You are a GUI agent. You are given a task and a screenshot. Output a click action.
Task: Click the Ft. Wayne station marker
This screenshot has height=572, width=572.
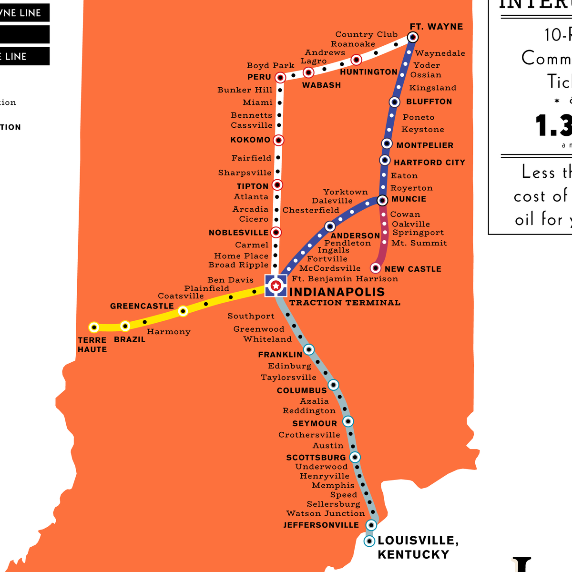pyautogui.click(x=413, y=37)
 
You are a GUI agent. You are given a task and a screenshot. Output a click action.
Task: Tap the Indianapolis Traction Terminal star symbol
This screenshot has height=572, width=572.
pyautogui.click(x=276, y=286)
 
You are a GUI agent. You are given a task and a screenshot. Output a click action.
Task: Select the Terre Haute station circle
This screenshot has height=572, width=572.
pyautogui.click(x=94, y=327)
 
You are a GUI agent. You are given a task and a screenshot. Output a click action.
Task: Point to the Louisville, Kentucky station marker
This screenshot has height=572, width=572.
pyautogui.click(x=369, y=541)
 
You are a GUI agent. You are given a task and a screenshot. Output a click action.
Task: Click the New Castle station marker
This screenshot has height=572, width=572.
pyautogui.click(x=376, y=268)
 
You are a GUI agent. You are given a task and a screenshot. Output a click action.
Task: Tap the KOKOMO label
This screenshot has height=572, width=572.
pyautogui.click(x=250, y=140)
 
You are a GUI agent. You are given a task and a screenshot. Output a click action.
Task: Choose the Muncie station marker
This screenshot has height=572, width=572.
pyautogui.click(x=382, y=201)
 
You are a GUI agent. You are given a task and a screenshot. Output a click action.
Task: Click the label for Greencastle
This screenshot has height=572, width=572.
pyautogui.click(x=142, y=306)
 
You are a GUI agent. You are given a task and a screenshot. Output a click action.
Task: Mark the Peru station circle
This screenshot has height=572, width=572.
pyautogui.click(x=280, y=77)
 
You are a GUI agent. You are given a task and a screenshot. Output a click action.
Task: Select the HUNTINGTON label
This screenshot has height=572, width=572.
pyautogui.click(x=368, y=72)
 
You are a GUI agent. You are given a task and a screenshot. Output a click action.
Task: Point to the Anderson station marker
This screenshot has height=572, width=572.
pyautogui.click(x=330, y=226)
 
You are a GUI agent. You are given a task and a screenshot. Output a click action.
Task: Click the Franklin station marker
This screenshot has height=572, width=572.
pyautogui.click(x=309, y=350)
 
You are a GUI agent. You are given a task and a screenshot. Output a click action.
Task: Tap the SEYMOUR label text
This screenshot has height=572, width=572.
pyautogui.click(x=315, y=424)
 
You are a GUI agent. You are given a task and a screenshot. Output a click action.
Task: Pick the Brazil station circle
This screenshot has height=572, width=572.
pyautogui.click(x=125, y=327)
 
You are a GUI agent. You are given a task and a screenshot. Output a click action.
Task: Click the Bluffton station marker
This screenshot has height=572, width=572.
pyautogui.click(x=394, y=102)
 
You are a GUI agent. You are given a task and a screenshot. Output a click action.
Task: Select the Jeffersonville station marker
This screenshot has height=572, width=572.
pyautogui.click(x=371, y=525)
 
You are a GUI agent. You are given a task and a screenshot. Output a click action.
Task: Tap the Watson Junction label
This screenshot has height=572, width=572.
pyautogui.click(x=326, y=514)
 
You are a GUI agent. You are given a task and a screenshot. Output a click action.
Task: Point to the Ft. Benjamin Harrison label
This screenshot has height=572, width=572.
pyautogui.click(x=345, y=279)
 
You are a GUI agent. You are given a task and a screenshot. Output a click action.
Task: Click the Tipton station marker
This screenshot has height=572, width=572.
pyautogui.click(x=277, y=185)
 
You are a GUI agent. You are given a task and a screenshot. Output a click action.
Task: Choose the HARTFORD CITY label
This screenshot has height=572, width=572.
pyautogui.click(x=429, y=163)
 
